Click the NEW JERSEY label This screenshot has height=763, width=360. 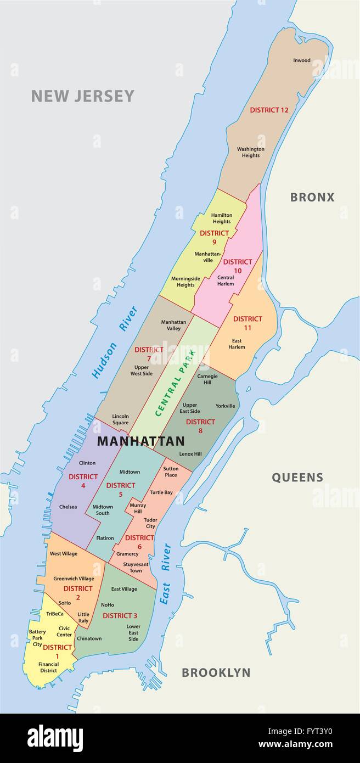click(x=82, y=96)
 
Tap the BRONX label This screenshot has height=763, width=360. click(x=312, y=197)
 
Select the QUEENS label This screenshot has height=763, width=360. click(x=297, y=477)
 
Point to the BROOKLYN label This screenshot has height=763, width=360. click(x=216, y=672)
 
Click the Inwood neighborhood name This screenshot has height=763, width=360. click(x=301, y=60)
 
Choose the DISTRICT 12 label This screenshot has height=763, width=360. click(x=269, y=110)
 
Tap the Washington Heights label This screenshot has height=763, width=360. click(x=251, y=152)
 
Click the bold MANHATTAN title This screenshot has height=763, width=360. click(x=140, y=441)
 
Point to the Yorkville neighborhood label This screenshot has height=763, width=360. click(x=225, y=406)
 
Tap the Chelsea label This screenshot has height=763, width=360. click(x=68, y=507)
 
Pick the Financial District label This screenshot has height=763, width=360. click(x=48, y=667)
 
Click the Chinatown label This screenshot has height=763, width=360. click(x=89, y=638)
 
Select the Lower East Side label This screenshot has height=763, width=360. click(x=133, y=632)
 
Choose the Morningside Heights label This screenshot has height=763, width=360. click(x=185, y=282)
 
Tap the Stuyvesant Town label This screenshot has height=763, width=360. click(x=132, y=567)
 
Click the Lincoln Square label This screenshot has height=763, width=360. click(x=120, y=419)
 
